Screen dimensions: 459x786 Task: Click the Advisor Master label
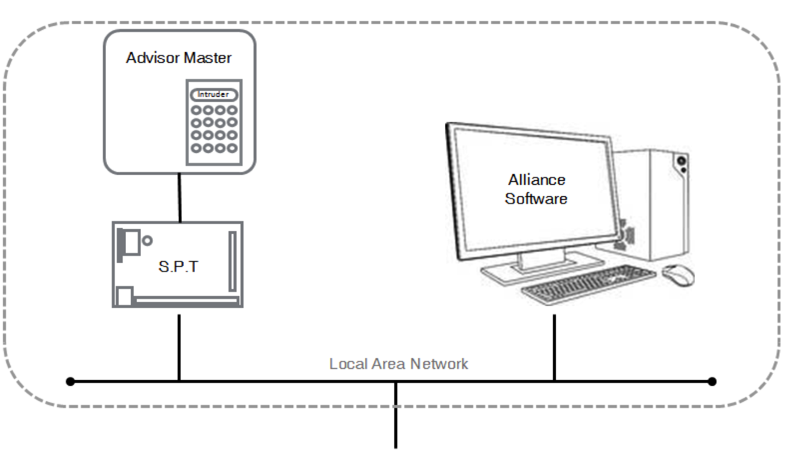coord(178,58)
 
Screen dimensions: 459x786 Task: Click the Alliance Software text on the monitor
coord(536,189)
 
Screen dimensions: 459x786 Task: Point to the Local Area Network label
coord(399,364)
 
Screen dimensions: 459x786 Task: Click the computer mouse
coord(678,274)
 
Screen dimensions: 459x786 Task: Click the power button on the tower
coord(680,160)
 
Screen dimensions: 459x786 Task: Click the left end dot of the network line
coord(70,382)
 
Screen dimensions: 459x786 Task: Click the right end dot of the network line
coord(712,382)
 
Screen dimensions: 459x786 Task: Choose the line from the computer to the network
coord(554,348)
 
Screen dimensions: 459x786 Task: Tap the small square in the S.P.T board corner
coord(125,295)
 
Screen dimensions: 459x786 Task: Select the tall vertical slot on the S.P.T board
coord(232,262)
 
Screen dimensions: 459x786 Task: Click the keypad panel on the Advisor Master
coord(214,121)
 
